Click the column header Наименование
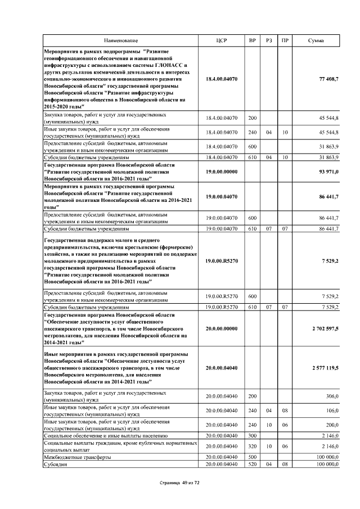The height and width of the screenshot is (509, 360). [x=120, y=41]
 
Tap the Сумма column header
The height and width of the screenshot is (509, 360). [x=316, y=41]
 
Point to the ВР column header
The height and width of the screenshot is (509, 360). [x=252, y=41]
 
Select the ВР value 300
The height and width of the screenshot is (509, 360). [x=252, y=435]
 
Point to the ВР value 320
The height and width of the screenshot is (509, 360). [x=252, y=445]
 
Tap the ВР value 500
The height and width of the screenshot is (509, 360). [x=252, y=457]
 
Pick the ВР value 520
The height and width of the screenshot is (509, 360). [x=252, y=464]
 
